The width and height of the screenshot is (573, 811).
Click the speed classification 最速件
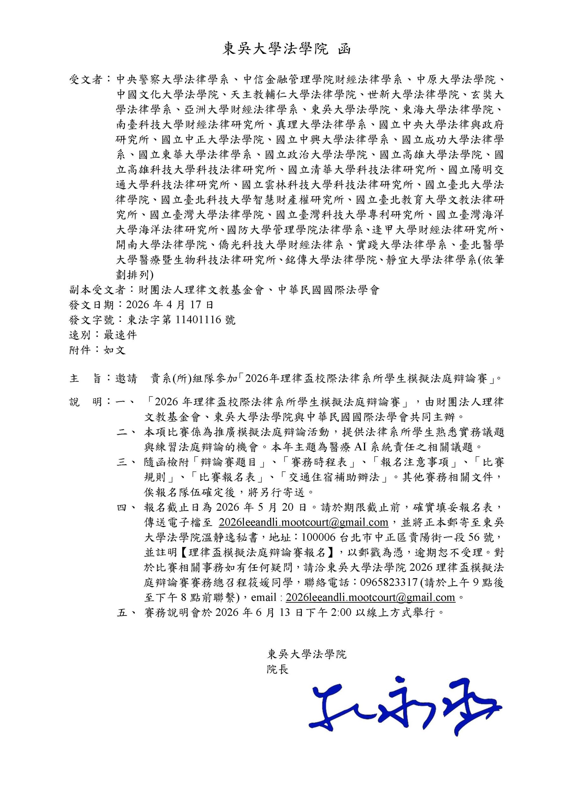pyautogui.click(x=120, y=335)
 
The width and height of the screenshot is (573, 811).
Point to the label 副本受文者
pyautogui.click(x=97, y=291)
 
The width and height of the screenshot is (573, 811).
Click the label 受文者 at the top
pyautogui.click(x=86, y=80)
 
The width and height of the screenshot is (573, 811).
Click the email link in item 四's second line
pyautogui.click(x=303, y=522)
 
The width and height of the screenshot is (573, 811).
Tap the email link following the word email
pyautogui.click(x=370, y=597)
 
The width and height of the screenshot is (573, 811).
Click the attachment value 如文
pyautogui.click(x=115, y=350)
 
